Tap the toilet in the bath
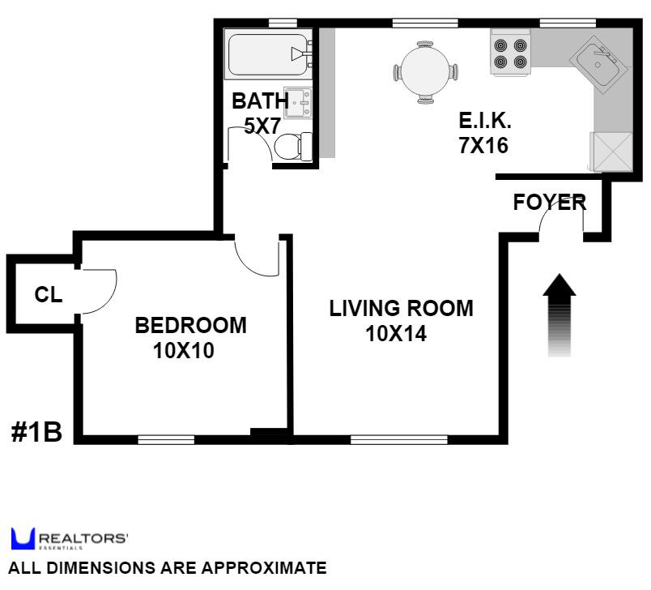click(x=289, y=147)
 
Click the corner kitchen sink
click(x=599, y=61)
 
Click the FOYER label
click(x=550, y=203)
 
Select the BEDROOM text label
click(x=190, y=326)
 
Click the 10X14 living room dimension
click(x=396, y=334)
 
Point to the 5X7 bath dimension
click(x=262, y=126)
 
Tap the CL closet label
click(x=49, y=295)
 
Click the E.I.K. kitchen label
click(x=485, y=122)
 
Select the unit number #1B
click(x=37, y=432)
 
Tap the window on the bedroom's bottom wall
click(x=166, y=440)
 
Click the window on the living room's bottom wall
click(x=389, y=440)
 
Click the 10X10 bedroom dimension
click(x=184, y=352)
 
